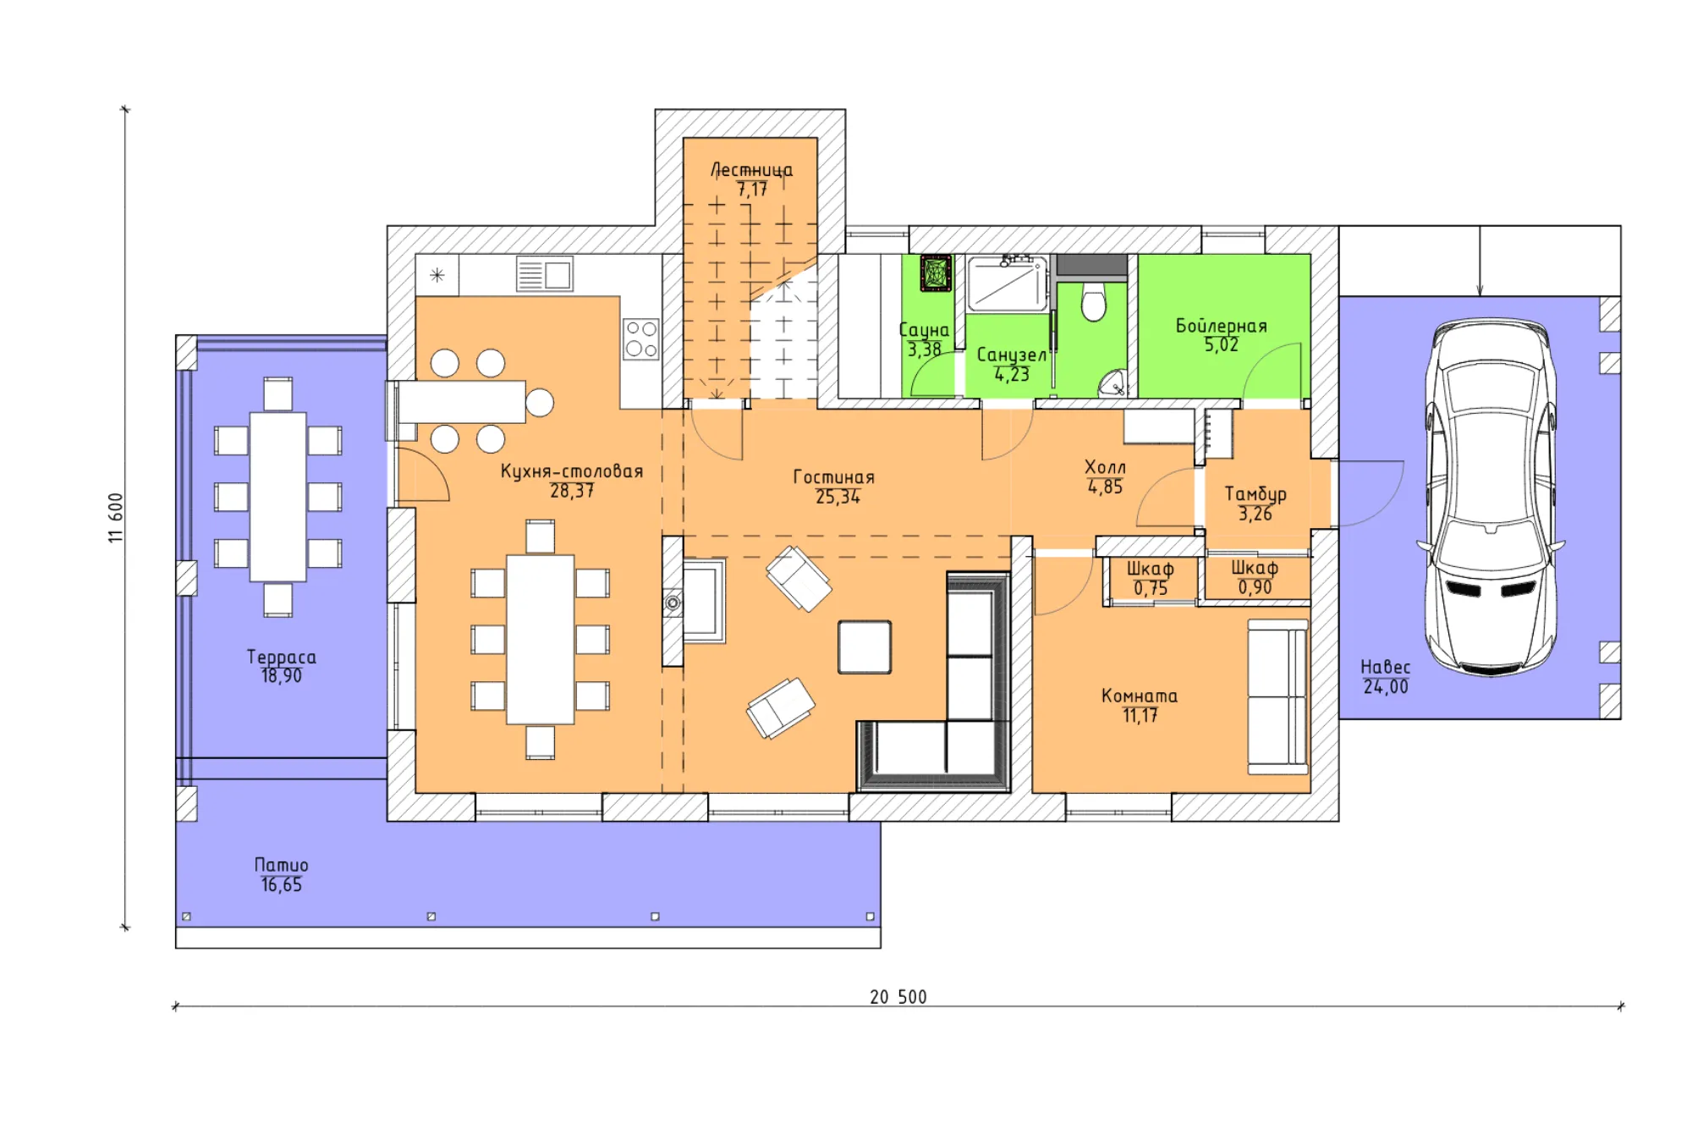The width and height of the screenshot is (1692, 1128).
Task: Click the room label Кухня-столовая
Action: pyautogui.click(x=572, y=471)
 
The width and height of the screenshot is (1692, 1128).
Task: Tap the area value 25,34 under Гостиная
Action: pyautogui.click(x=838, y=498)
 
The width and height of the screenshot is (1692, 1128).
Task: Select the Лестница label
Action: pyautogui.click(x=751, y=170)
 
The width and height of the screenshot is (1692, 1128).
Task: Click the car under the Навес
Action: pyautogui.click(x=1491, y=497)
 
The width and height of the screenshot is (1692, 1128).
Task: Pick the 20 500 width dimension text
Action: pyautogui.click(x=898, y=997)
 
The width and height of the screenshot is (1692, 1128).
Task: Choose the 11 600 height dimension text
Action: pyautogui.click(x=116, y=517)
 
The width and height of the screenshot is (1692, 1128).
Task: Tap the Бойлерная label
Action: pyautogui.click(x=1222, y=326)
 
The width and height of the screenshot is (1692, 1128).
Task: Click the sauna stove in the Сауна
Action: pyautogui.click(x=936, y=272)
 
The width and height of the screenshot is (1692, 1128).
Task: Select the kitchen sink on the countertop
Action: pyautogui.click(x=545, y=274)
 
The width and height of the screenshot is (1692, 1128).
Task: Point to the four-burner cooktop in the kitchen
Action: pyautogui.click(x=640, y=338)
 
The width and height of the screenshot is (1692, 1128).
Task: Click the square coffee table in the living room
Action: pyautogui.click(x=865, y=647)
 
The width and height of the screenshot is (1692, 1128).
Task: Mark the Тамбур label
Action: pyautogui.click(x=1255, y=494)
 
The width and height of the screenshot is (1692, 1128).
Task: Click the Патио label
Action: pyautogui.click(x=282, y=865)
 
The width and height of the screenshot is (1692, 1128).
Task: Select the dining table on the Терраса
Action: pyautogui.click(x=278, y=497)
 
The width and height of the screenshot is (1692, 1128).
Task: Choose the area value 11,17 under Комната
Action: pyautogui.click(x=1140, y=716)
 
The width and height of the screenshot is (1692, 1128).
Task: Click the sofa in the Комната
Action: pyautogui.click(x=1278, y=696)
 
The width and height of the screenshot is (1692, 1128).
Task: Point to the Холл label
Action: pyautogui.click(x=1105, y=467)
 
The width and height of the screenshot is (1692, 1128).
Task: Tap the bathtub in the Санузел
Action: pyautogui.click(x=1007, y=283)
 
